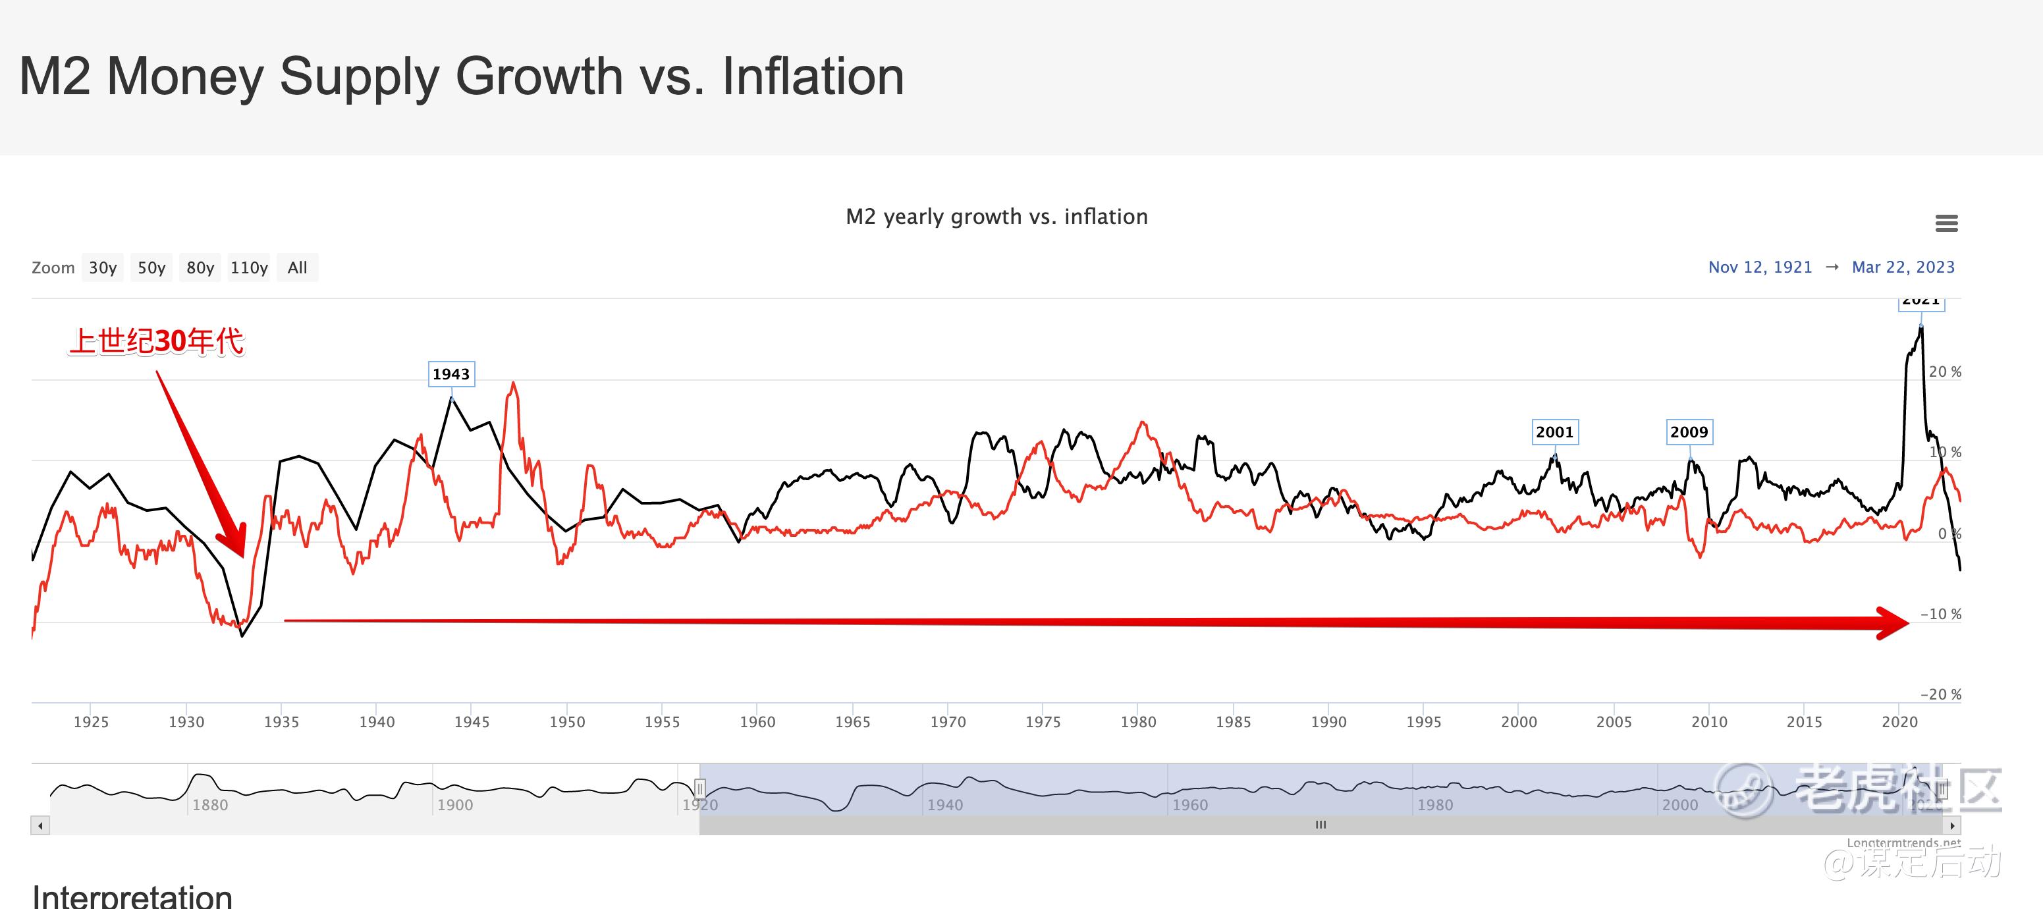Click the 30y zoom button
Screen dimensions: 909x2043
(x=102, y=268)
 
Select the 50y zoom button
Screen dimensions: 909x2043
(x=151, y=268)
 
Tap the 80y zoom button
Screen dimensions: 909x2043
(x=200, y=268)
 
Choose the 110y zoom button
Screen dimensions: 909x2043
(x=249, y=268)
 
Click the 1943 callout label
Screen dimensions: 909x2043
(x=451, y=374)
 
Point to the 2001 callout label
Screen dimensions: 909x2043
(x=1554, y=432)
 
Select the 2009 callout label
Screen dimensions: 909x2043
(x=1689, y=432)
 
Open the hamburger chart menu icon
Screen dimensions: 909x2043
(x=1946, y=224)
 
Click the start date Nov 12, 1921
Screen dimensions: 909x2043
(x=1760, y=267)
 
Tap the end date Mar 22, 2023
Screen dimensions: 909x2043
(x=1903, y=267)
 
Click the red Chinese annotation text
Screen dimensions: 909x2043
(x=156, y=342)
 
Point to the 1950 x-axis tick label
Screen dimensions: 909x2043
(x=567, y=722)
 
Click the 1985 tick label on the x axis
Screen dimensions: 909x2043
(x=1234, y=722)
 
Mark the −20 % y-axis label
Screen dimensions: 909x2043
(x=1940, y=695)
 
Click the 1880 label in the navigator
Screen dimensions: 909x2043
(x=210, y=805)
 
